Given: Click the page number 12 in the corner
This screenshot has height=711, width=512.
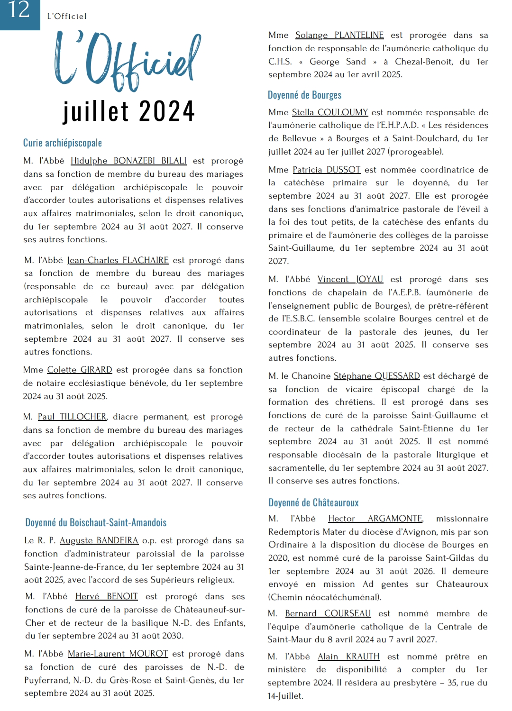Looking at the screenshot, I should pyautogui.click(x=19, y=10).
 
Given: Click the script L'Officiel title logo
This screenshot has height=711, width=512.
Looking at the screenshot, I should pyautogui.click(x=128, y=61).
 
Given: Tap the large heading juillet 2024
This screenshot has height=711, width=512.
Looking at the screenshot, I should pyautogui.click(x=129, y=111).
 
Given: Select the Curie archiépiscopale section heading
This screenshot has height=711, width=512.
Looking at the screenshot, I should pyautogui.click(x=63, y=143).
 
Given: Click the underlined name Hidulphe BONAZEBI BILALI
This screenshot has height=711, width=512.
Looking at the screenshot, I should pyautogui.click(x=128, y=161).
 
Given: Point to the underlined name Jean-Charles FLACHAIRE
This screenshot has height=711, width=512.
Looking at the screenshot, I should pyautogui.click(x=118, y=260).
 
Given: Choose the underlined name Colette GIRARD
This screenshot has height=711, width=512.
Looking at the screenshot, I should pyautogui.click(x=80, y=370).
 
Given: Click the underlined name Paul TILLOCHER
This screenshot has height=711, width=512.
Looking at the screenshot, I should pyautogui.click(x=72, y=417).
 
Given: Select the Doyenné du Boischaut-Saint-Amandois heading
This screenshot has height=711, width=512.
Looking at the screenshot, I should pyautogui.click(x=96, y=523).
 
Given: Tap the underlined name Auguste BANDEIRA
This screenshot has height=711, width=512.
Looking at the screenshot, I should pyautogui.click(x=99, y=540).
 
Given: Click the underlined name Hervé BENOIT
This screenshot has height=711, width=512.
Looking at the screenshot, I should pyautogui.click(x=107, y=596).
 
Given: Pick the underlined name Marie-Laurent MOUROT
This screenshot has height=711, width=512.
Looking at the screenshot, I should pyautogui.click(x=118, y=654).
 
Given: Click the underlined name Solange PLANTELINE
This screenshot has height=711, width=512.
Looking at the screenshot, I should pyautogui.click(x=339, y=35).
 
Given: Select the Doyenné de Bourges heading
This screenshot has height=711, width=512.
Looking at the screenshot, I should pyautogui.click(x=304, y=95).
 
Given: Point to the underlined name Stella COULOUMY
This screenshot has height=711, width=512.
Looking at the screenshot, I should pyautogui.click(x=330, y=112).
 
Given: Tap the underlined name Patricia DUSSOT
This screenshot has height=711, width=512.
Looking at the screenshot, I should pyautogui.click(x=327, y=170).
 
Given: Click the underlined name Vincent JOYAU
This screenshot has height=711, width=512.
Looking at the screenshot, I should pyautogui.click(x=350, y=279).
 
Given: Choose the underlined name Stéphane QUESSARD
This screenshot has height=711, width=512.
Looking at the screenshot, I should pyautogui.click(x=377, y=376).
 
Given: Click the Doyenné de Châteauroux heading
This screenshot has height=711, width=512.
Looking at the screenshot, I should pyautogui.click(x=313, y=503).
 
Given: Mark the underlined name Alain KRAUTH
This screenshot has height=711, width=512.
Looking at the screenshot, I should pyautogui.click(x=348, y=656).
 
